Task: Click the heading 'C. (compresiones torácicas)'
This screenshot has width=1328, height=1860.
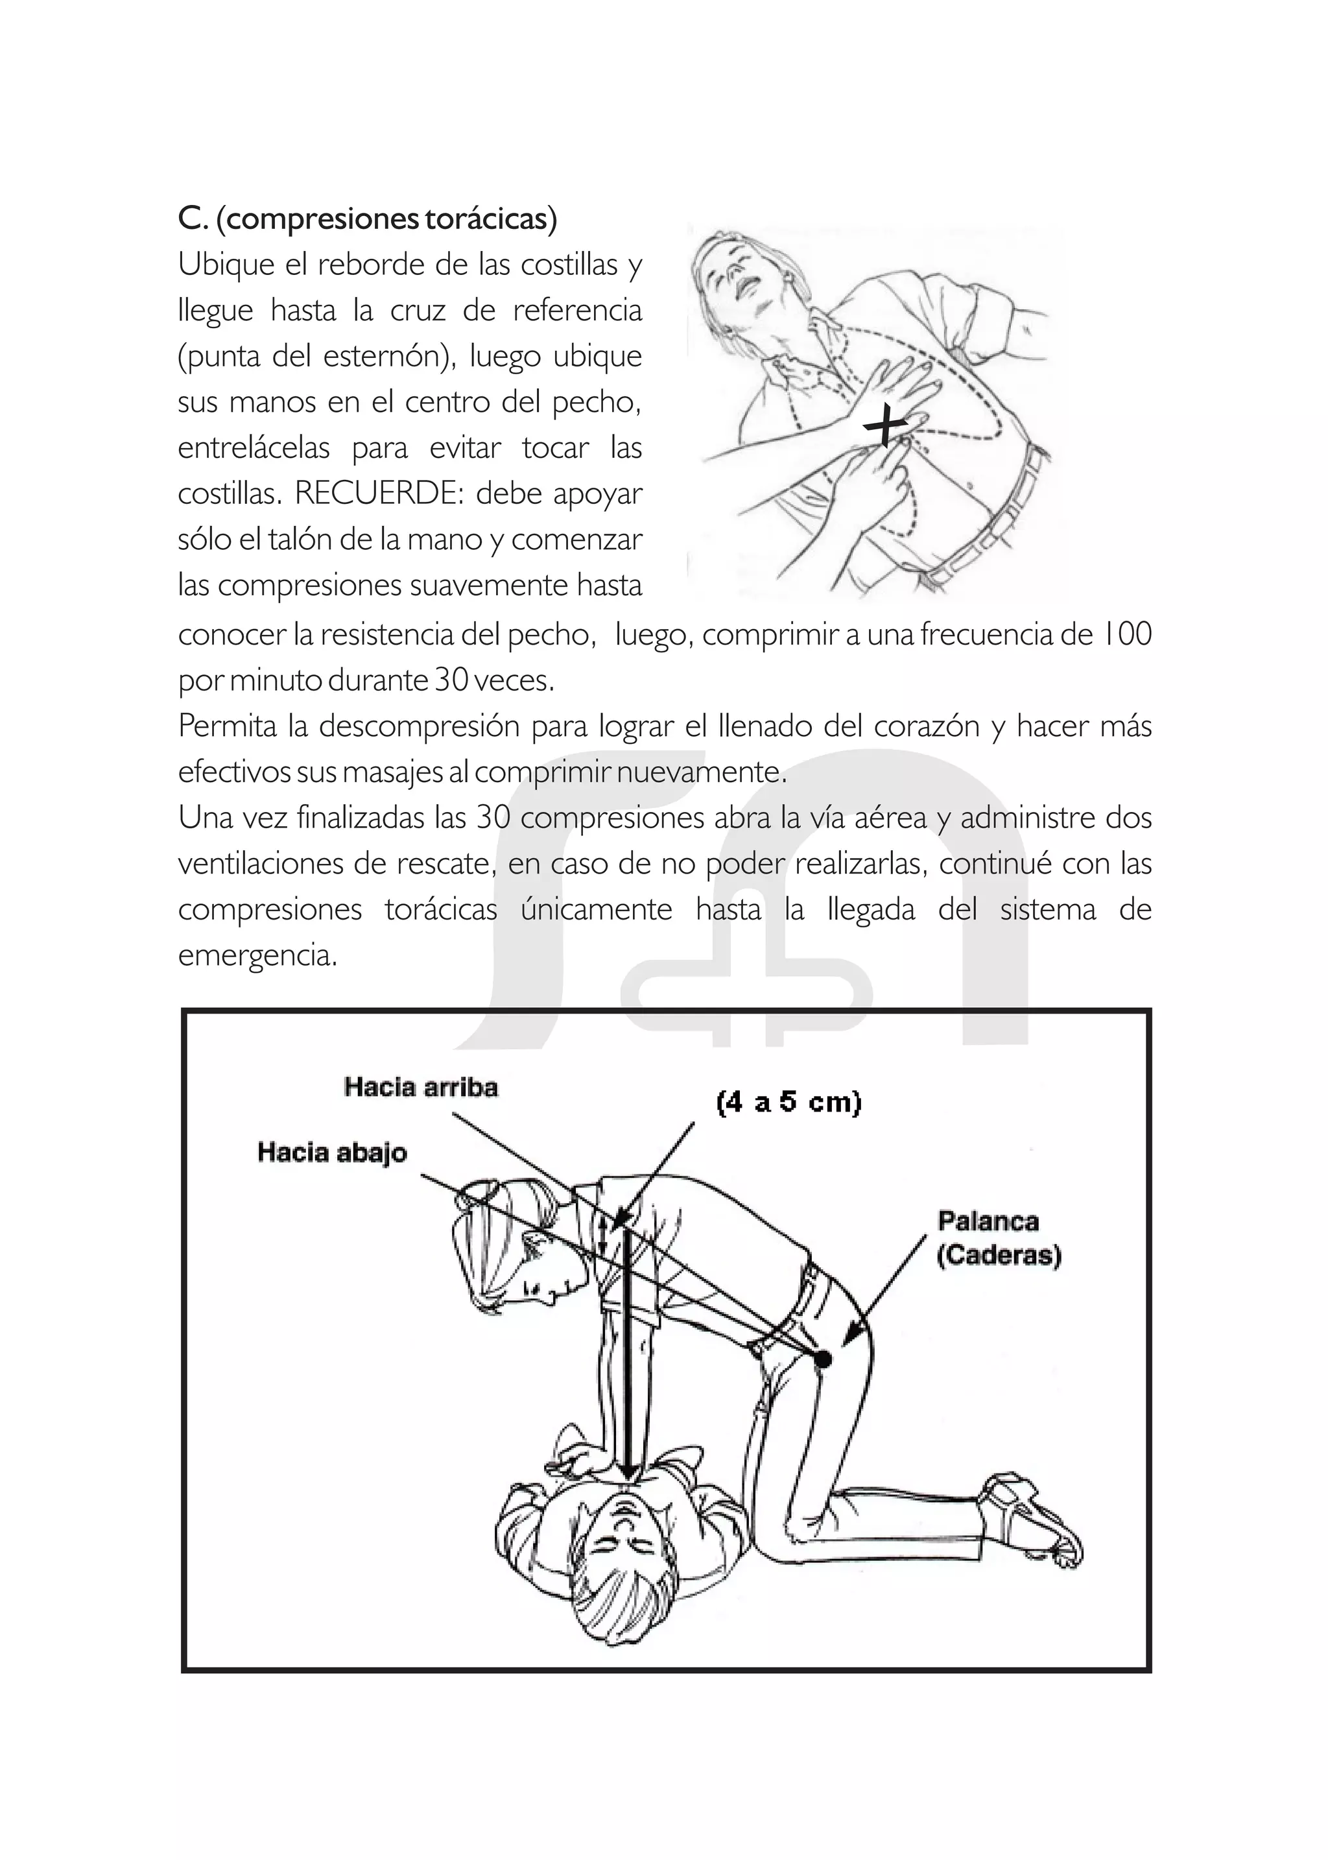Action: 367,219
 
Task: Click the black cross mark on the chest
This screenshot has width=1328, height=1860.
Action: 886,426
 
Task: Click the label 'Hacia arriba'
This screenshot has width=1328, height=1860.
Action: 420,1087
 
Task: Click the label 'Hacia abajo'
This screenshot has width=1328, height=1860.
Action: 332,1152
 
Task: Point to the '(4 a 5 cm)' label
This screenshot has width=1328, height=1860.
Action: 788,1103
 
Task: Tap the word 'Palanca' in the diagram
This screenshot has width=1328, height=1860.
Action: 988,1221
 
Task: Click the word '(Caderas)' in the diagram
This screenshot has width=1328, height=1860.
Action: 999,1255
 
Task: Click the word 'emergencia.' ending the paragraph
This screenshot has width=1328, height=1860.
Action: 257,955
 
